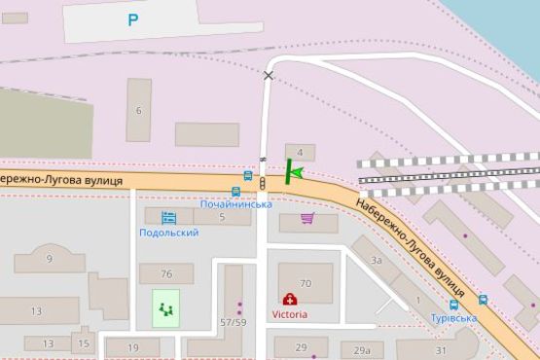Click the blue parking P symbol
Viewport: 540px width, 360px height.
pyautogui.click(x=132, y=19)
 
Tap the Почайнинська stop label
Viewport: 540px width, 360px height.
pyautogui.click(x=235, y=204)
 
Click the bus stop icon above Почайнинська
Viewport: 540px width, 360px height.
pyautogui.click(x=236, y=191)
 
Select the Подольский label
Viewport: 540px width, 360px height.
pyautogui.click(x=169, y=233)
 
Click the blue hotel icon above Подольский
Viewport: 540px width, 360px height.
pyautogui.click(x=168, y=218)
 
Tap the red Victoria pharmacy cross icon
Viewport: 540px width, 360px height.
pyautogui.click(x=289, y=300)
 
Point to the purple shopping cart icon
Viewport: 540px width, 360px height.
pyautogui.click(x=308, y=218)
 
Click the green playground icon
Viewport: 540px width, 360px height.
pyautogui.click(x=165, y=309)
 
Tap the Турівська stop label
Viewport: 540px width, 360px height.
pyautogui.click(x=454, y=317)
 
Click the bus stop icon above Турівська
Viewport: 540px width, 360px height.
pyautogui.click(x=484, y=300)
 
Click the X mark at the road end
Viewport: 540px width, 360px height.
pyautogui.click(x=269, y=75)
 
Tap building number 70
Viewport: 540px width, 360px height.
pyautogui.click(x=305, y=283)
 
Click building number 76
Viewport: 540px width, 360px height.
pyautogui.click(x=166, y=273)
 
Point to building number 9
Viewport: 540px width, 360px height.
pyautogui.click(x=49, y=258)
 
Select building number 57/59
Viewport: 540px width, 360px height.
pyautogui.click(x=233, y=321)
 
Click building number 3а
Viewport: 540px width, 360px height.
pyautogui.click(x=377, y=260)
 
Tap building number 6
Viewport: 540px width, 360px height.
pyautogui.click(x=139, y=110)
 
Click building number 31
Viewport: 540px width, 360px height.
pyautogui.click(x=441, y=350)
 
